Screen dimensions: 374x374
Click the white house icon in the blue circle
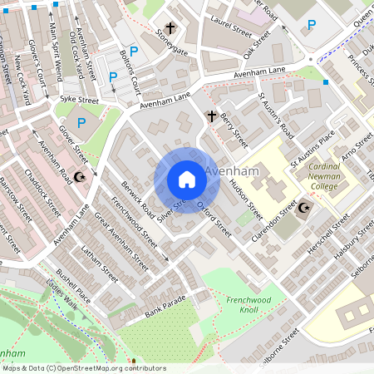click(x=186, y=180)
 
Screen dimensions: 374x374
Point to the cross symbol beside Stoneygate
click(x=171, y=27)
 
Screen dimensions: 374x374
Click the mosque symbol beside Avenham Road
click(x=81, y=177)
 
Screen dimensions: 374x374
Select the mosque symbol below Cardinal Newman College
click(x=306, y=208)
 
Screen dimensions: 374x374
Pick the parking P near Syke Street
click(x=81, y=123)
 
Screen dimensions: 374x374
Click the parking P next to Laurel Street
click(x=312, y=25)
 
